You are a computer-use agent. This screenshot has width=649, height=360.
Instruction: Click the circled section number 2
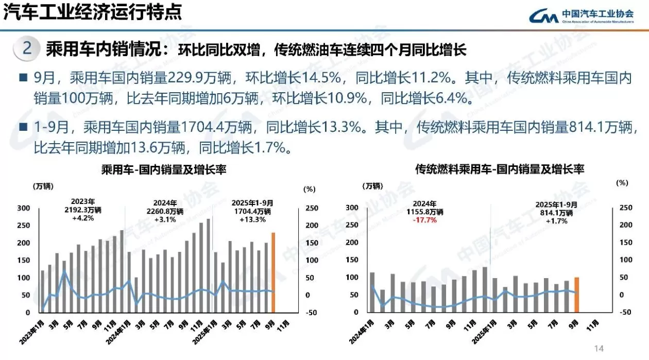coord(28,49)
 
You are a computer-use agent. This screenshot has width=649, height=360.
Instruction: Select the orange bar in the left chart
coord(273,272)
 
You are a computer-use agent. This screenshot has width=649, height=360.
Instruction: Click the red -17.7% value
coord(424,220)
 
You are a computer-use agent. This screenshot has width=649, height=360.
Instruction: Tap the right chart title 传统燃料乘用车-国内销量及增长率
coord(500,169)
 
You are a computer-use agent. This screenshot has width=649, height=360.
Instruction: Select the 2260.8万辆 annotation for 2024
coord(165,211)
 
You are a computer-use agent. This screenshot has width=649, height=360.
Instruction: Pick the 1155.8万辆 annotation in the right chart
coord(424,212)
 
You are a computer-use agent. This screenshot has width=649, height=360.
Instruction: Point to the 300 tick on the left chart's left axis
coord(24,208)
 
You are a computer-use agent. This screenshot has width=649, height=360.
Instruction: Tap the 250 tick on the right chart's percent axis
coord(625,208)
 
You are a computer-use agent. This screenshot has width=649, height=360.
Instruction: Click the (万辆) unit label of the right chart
coord(372,186)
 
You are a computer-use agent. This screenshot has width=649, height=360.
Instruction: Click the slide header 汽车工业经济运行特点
coord(93,12)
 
